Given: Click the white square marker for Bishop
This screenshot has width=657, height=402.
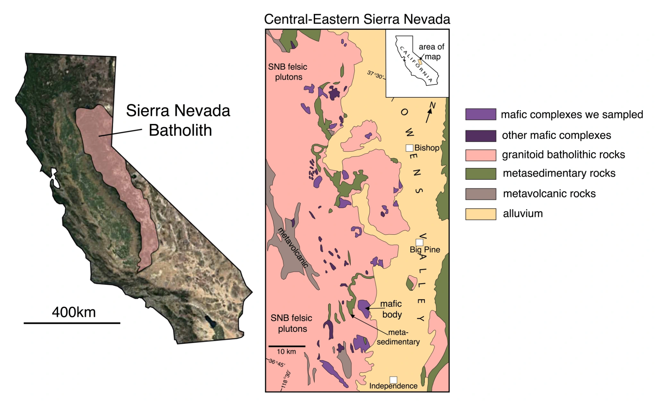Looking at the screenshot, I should click(x=409, y=148).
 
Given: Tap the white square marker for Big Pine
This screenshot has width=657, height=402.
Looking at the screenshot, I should click(x=419, y=243).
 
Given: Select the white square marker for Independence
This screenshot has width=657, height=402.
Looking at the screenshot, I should click(x=393, y=380).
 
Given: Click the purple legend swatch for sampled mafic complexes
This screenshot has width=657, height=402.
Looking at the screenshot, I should click(x=481, y=114).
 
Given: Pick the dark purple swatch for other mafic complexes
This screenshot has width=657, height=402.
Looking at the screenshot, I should click(x=481, y=136).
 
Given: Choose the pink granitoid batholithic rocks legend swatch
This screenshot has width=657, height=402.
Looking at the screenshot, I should click(x=481, y=155).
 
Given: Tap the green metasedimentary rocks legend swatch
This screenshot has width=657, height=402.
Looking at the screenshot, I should click(x=481, y=174).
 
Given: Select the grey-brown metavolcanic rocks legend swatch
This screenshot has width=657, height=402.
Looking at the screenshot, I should click(x=481, y=194).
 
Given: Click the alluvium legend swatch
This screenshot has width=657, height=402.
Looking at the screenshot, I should click(x=481, y=214).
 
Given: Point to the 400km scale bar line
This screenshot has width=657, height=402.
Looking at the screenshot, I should click(x=72, y=323).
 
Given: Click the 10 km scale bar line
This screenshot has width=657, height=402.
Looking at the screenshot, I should click(x=287, y=346).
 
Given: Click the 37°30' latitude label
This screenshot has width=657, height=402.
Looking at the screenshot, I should click(x=375, y=75).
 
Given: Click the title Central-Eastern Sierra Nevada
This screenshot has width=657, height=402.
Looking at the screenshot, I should click(x=357, y=19).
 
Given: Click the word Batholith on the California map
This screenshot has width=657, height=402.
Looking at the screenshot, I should click(x=180, y=130).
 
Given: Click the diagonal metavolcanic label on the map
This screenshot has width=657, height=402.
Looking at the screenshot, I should click(x=293, y=247).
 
